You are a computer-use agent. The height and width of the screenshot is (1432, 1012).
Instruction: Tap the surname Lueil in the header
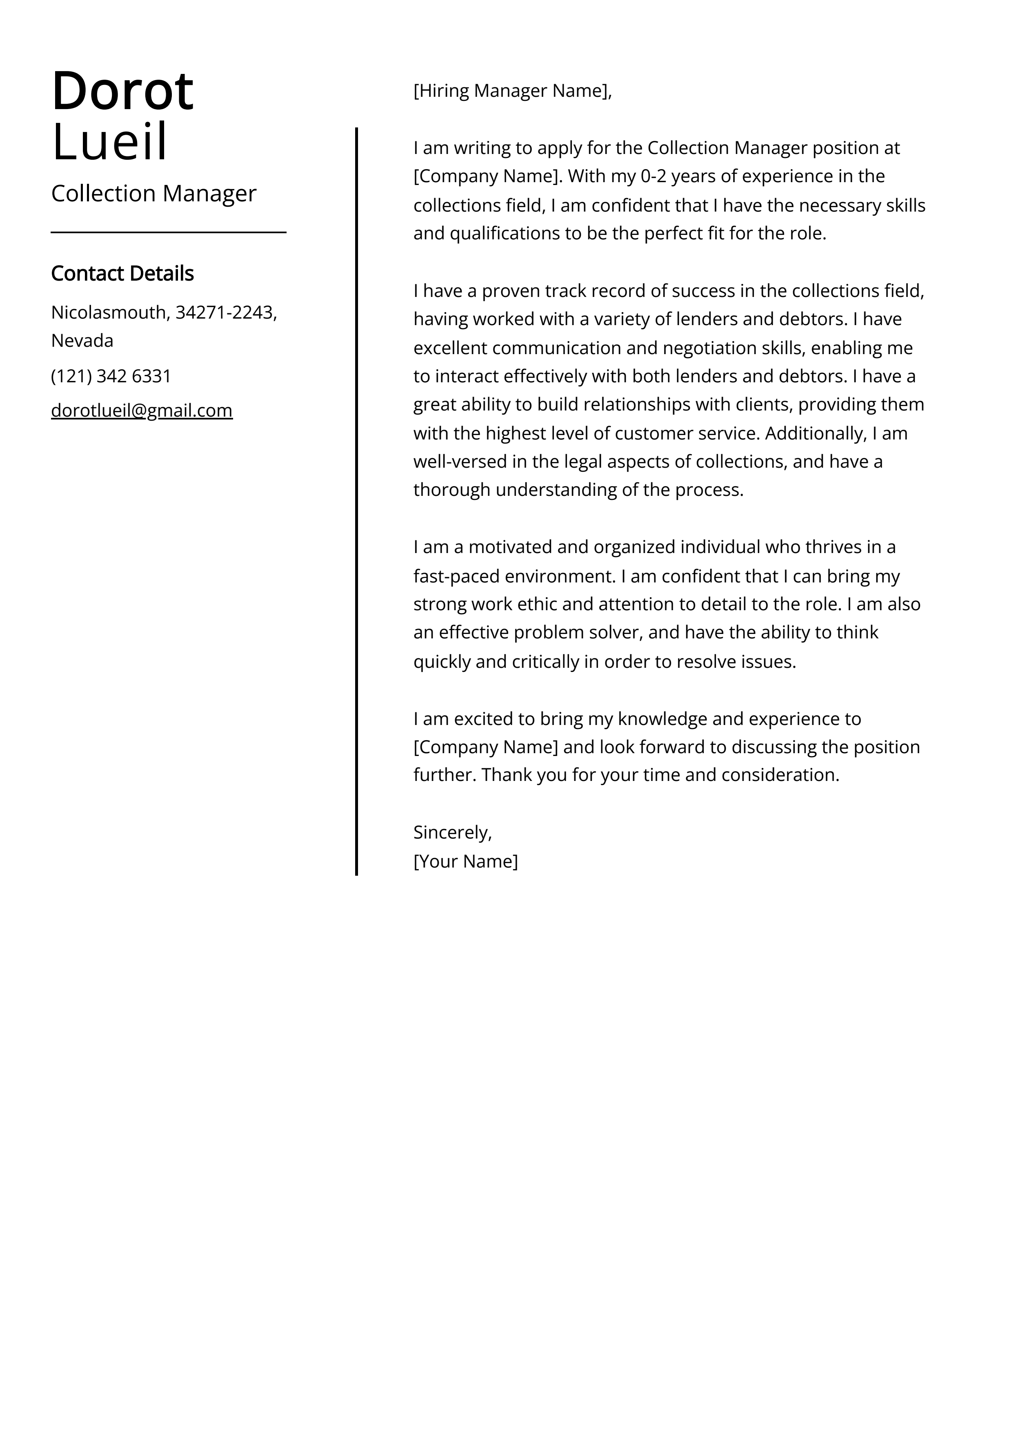[110, 142]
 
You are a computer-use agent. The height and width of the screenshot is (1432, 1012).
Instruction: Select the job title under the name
[153, 193]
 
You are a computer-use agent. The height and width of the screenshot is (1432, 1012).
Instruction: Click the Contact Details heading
[122, 273]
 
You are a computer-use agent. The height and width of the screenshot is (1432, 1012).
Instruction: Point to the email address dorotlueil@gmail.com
[142, 410]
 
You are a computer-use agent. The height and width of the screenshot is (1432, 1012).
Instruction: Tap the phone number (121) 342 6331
[111, 376]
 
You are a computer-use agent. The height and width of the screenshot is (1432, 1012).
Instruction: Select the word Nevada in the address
[82, 341]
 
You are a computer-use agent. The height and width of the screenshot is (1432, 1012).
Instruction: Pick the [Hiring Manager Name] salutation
[512, 91]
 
